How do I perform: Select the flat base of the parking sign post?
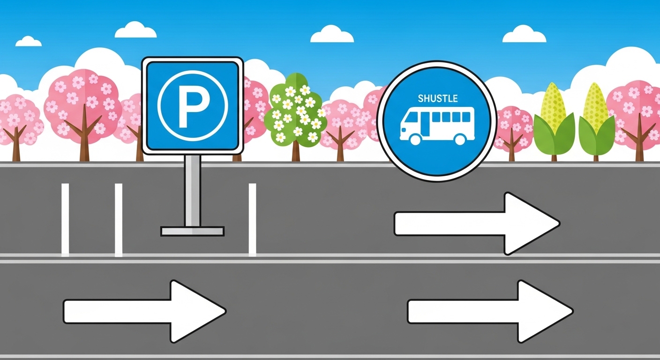coord(192,231)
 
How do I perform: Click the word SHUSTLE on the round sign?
coord(437,99)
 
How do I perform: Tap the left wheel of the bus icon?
coord(415,139)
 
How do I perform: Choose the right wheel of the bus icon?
coord(460,139)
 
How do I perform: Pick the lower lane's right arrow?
coord(490,311)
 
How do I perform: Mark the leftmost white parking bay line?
coord(65,220)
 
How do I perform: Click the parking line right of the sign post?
coord(252,220)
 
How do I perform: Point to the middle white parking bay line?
coord(119,220)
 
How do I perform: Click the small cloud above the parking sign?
coord(135,30)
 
